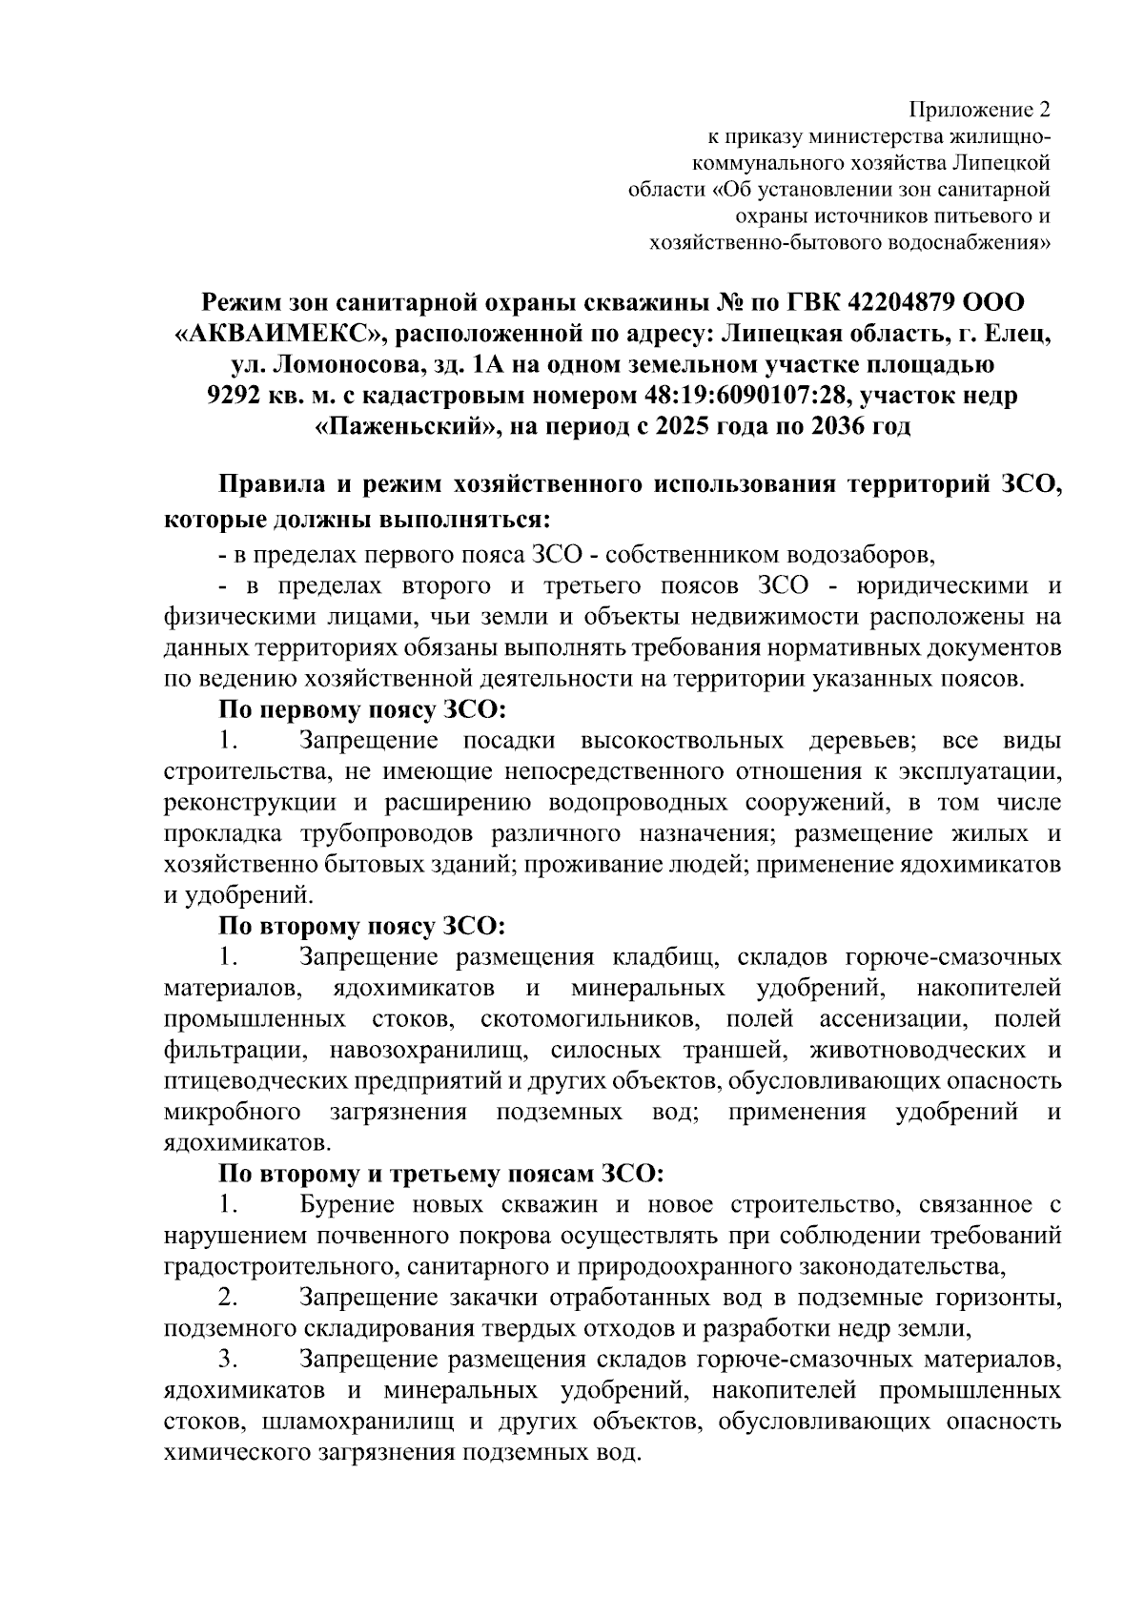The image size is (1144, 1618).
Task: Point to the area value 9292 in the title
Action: coord(235,395)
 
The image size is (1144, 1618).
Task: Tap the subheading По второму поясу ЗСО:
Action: coord(361,926)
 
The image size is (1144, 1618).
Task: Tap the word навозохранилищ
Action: coord(430,1051)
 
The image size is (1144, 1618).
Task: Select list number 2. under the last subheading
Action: coord(228,1298)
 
